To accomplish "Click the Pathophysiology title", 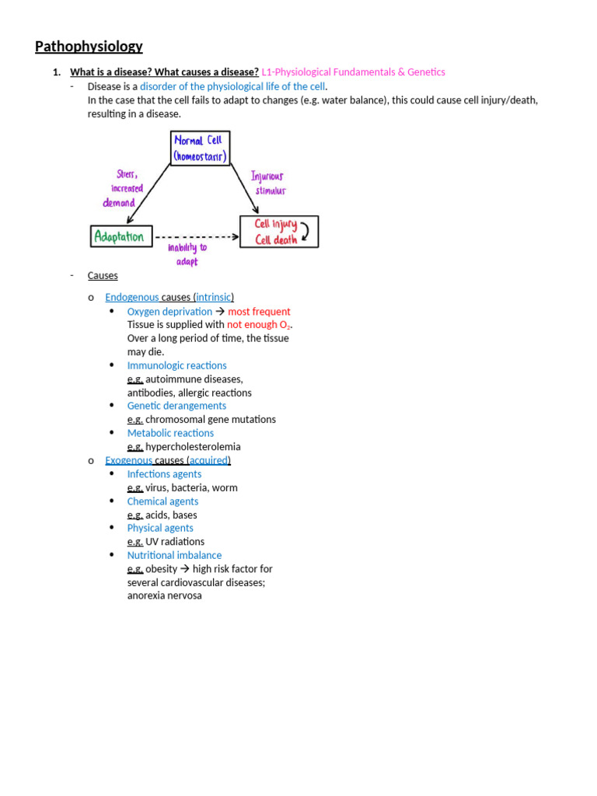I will coord(89,47).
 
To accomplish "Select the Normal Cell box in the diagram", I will coord(200,148).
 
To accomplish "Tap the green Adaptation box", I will coord(121,236).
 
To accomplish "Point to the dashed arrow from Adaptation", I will coord(196,236).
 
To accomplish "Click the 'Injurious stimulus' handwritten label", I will coord(268,183).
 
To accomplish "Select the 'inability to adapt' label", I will coord(187,254).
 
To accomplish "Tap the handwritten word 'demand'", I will coord(119,203).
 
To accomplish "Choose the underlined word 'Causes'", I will coord(103,276).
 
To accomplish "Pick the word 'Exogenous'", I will coord(129,460).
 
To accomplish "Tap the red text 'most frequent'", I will coord(259,312).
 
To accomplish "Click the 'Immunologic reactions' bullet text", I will coord(177,365).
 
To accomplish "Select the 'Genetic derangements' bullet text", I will coord(177,406).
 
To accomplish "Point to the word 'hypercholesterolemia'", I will coord(193,447).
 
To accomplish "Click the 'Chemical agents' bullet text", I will coord(162,501).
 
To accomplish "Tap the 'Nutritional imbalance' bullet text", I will coord(174,555).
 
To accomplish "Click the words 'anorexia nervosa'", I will coord(164,595).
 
